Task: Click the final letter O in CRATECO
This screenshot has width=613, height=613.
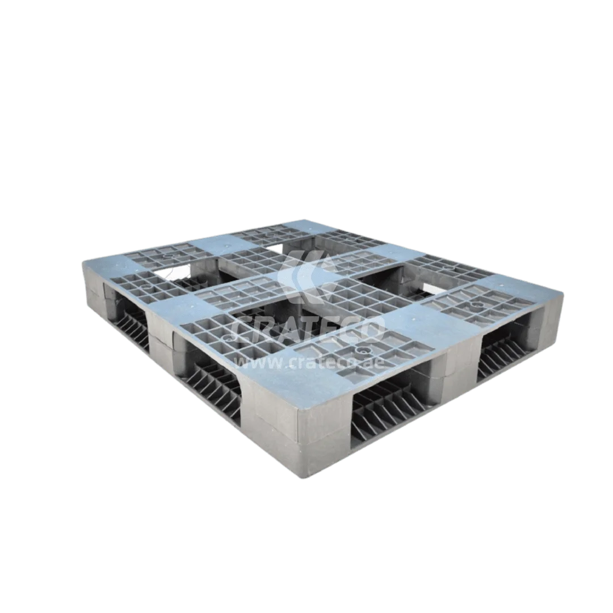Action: point(371,329)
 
